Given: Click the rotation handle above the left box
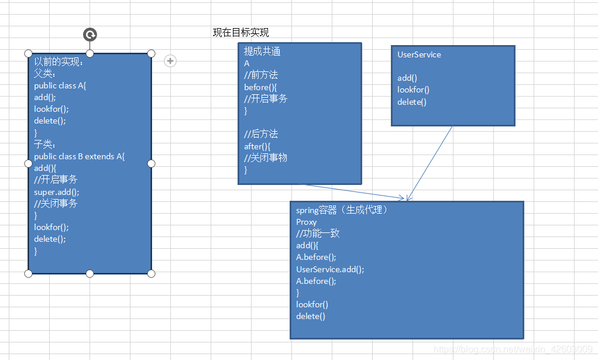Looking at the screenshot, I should [90, 35].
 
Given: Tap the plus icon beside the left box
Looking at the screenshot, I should [170, 60].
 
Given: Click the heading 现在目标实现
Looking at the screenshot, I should [240, 33].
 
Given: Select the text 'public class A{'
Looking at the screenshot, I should [60, 85].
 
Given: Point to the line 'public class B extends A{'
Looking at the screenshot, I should [80, 156].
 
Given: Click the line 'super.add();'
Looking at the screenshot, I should [57, 191].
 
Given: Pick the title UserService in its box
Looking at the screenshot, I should [419, 54].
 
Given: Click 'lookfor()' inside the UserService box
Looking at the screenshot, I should [413, 90].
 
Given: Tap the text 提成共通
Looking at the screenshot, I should [262, 52].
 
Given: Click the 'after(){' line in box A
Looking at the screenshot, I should [257, 146].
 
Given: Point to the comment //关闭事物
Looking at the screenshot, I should [266, 158].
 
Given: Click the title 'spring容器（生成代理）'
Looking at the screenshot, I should [342, 210].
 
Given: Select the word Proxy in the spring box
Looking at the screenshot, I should [306, 222].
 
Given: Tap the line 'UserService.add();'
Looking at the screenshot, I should [330, 269].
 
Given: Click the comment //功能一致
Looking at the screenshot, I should [318, 234].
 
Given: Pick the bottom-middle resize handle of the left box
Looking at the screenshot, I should [90, 273].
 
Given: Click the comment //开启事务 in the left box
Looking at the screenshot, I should [56, 180].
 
